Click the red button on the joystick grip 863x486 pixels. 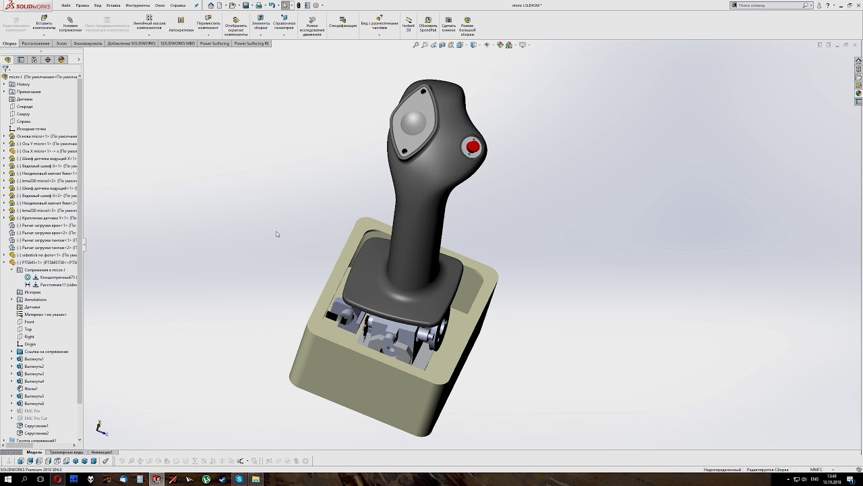(x=473, y=146)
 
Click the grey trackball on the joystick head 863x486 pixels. (x=413, y=123)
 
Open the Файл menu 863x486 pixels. (x=66, y=5)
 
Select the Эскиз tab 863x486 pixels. (x=61, y=43)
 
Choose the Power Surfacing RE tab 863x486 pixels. (x=251, y=43)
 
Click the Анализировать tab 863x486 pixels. (x=88, y=43)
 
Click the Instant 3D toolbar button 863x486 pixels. (x=409, y=24)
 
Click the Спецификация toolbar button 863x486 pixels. (x=343, y=23)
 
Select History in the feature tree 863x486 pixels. (x=23, y=84)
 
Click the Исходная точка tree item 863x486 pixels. (x=31, y=129)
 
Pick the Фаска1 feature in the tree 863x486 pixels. (x=30, y=389)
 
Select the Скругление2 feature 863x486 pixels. (x=36, y=433)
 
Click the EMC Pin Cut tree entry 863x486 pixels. (x=35, y=418)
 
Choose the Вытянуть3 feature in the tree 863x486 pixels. (x=34, y=374)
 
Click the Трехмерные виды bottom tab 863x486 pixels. (x=66, y=452)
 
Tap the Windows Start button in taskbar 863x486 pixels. (x=8, y=479)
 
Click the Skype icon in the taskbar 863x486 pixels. (x=239, y=479)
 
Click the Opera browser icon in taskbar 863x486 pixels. (x=57, y=479)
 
